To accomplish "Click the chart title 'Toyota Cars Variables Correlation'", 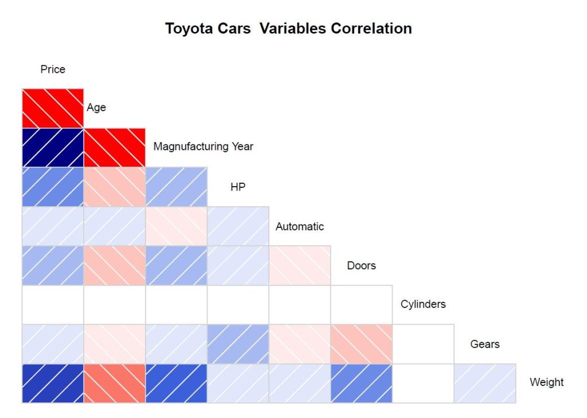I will [x=288, y=29].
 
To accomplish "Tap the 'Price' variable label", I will [x=53, y=69].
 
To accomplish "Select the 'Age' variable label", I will [x=96, y=108].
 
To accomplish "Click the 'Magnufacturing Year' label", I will [x=203, y=147].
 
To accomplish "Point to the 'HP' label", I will [x=238, y=187].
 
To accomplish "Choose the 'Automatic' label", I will [x=299, y=226].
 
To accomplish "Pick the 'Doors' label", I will [x=361, y=266].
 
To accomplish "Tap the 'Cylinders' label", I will [x=423, y=304].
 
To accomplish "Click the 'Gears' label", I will [x=484, y=344].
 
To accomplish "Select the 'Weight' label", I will [x=546, y=382].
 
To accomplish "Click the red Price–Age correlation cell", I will [x=53, y=108].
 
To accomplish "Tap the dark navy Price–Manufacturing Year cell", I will [x=53, y=147].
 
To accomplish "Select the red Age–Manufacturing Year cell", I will [x=115, y=147].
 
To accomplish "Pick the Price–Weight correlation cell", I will [x=53, y=384].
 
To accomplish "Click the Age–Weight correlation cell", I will [x=115, y=384].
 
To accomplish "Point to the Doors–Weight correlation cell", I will [x=362, y=384].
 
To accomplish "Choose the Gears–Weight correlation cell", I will [x=485, y=384].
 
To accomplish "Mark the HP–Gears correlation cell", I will [x=238, y=344].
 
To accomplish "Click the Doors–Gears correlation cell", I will [x=362, y=344].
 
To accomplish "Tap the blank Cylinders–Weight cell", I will [x=423, y=384].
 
